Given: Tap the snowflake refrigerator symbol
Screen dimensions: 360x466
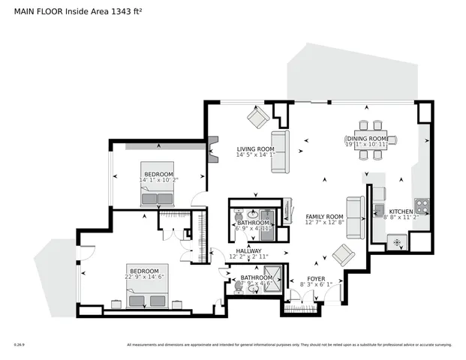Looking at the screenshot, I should (x=394, y=241).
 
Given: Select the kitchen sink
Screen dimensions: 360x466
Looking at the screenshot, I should (x=379, y=209).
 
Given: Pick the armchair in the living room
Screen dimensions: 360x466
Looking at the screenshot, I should (x=259, y=116).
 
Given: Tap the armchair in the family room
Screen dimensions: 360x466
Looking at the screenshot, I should (x=344, y=254).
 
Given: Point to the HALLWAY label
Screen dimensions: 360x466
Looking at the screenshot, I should (x=248, y=251).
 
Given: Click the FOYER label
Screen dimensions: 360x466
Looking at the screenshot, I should (x=316, y=278).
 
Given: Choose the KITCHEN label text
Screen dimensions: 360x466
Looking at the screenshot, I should (x=401, y=211).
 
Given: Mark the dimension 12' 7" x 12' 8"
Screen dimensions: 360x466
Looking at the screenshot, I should (x=323, y=223).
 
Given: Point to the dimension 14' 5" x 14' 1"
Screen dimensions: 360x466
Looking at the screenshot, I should (x=255, y=156).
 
